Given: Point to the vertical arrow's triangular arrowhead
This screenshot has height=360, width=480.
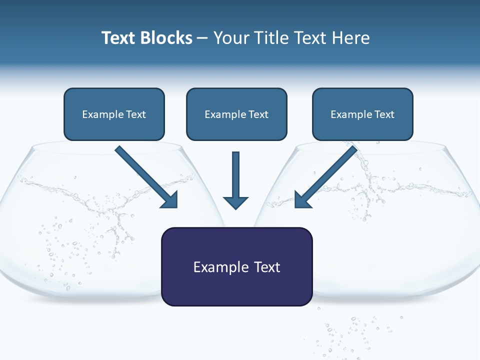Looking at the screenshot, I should coord(235,202).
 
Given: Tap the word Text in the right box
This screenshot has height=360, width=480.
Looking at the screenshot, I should coord(384,114).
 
